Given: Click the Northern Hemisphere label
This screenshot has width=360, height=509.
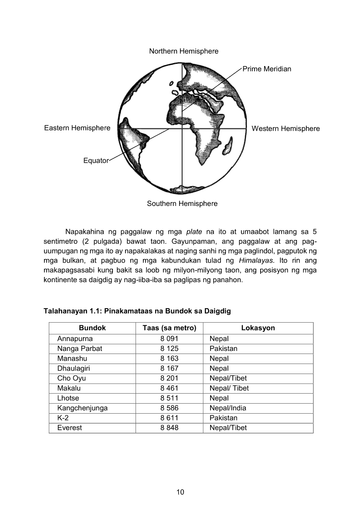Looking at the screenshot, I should [183, 51].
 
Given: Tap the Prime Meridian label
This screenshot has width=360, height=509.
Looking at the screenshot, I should [267, 69].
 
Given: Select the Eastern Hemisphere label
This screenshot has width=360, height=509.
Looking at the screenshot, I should [77, 128].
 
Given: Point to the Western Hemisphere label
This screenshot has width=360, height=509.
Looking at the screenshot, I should [285, 128].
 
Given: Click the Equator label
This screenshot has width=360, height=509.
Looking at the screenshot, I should [95, 161].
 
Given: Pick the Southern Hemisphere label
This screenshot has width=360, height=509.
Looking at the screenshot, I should [182, 203].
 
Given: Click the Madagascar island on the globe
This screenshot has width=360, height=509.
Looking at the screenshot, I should [228, 146].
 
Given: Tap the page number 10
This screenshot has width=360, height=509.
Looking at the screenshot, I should [180, 492].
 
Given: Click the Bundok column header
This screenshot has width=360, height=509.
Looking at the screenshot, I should [92, 328].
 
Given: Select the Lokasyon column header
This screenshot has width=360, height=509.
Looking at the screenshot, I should [258, 328].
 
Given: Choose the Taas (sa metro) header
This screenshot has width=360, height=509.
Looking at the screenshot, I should [169, 328].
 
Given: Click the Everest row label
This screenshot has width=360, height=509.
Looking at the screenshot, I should [69, 428].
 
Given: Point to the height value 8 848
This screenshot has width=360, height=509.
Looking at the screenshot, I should [169, 428].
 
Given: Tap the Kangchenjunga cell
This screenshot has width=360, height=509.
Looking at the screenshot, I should [82, 408].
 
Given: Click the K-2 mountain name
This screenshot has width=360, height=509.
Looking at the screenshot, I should [63, 418].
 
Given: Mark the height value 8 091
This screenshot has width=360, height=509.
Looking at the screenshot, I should [169, 338].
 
